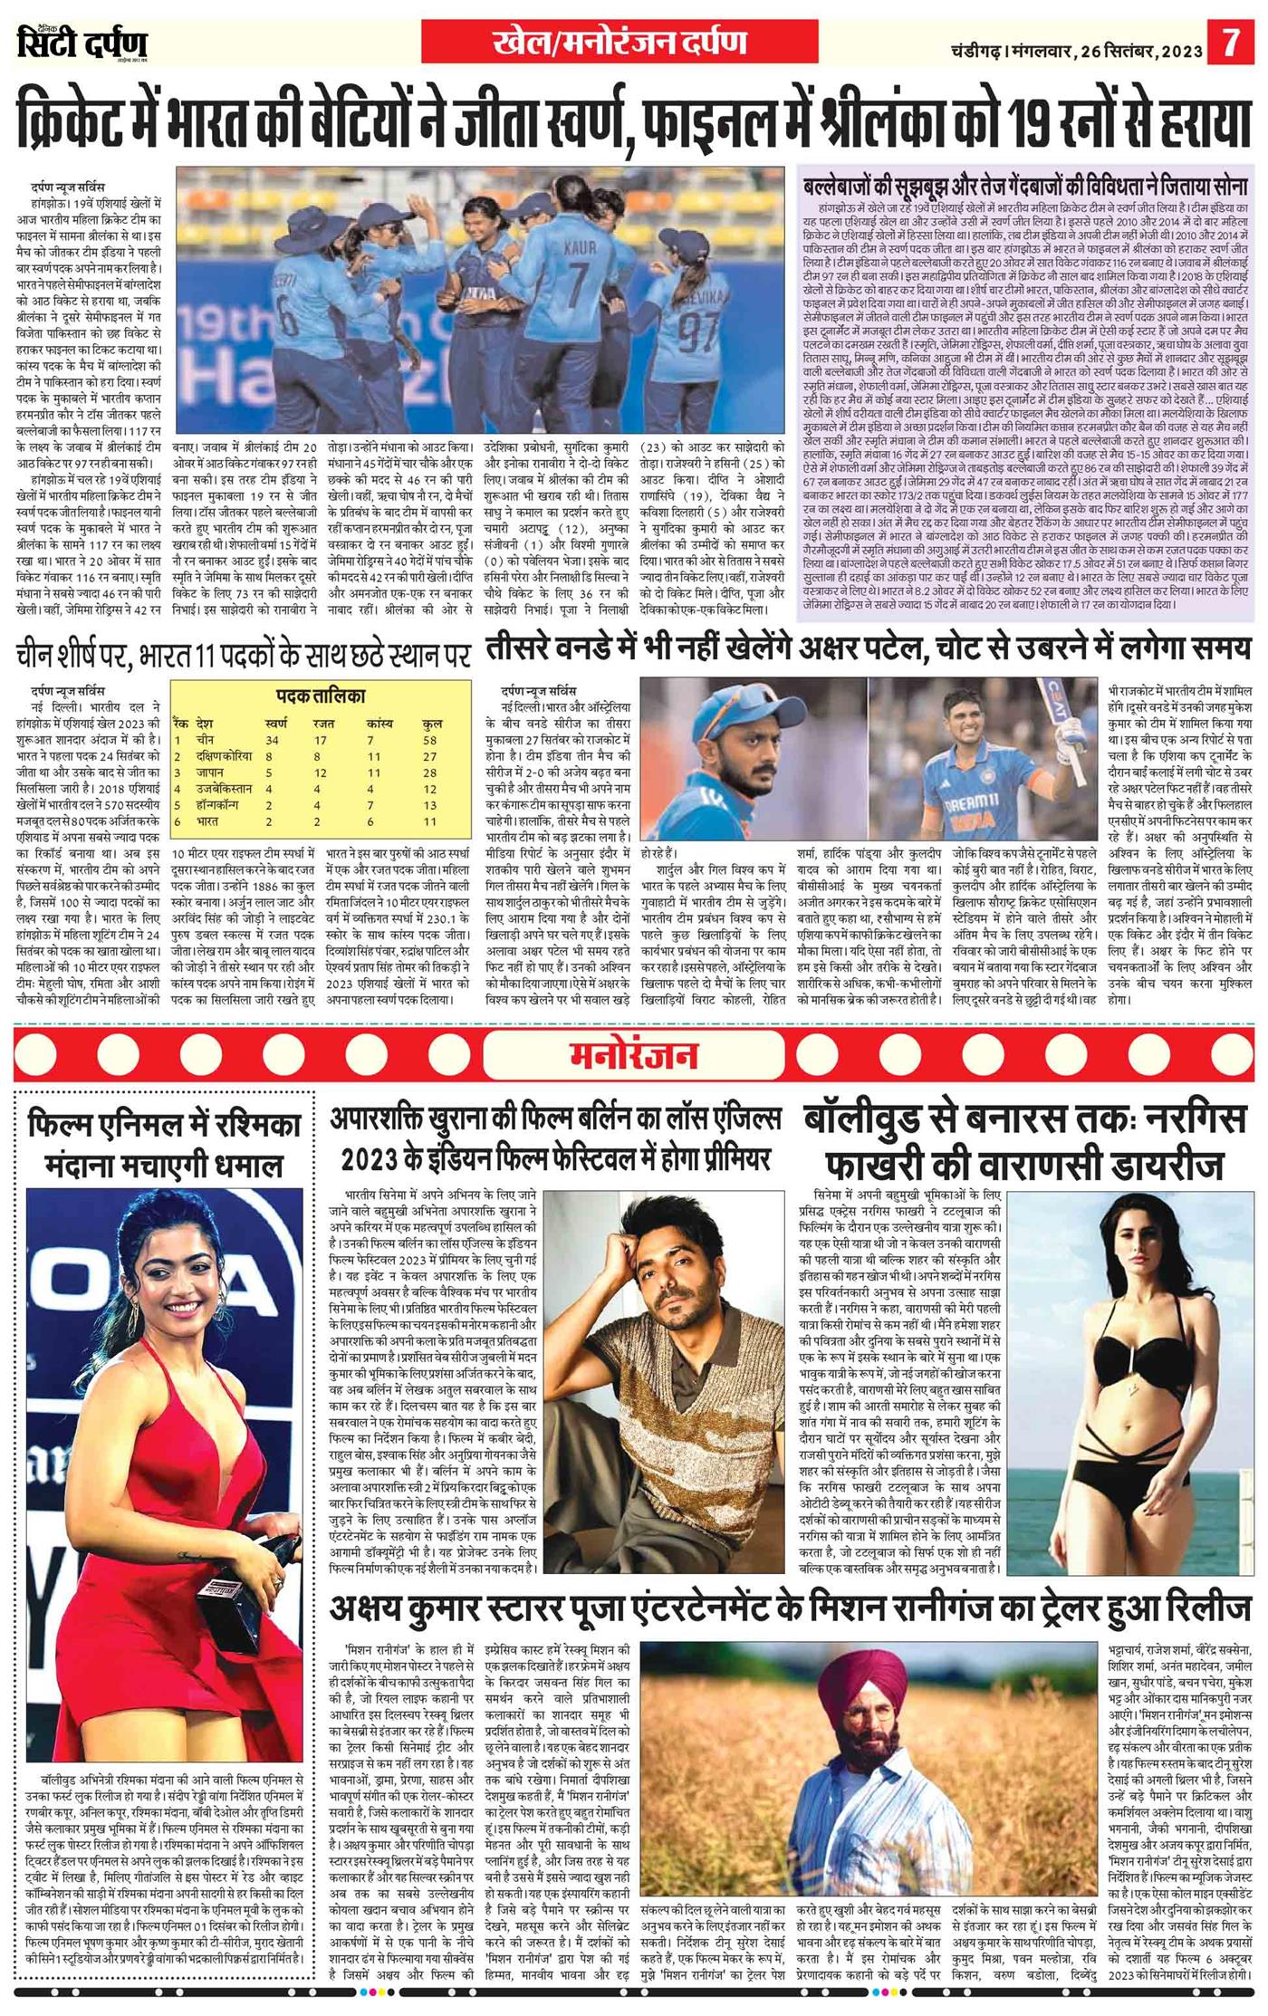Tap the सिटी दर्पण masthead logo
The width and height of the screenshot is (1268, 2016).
(82, 43)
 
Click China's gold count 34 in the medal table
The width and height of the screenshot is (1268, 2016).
(272, 740)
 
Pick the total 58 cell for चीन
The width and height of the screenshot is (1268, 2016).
(429, 740)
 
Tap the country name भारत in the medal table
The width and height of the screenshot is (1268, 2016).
(207, 821)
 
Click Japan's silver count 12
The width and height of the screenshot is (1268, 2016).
(321, 773)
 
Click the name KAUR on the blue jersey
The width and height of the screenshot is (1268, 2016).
(580, 246)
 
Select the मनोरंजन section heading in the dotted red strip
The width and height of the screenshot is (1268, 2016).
(633, 1055)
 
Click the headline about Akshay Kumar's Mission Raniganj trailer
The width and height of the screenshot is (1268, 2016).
(791, 1608)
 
